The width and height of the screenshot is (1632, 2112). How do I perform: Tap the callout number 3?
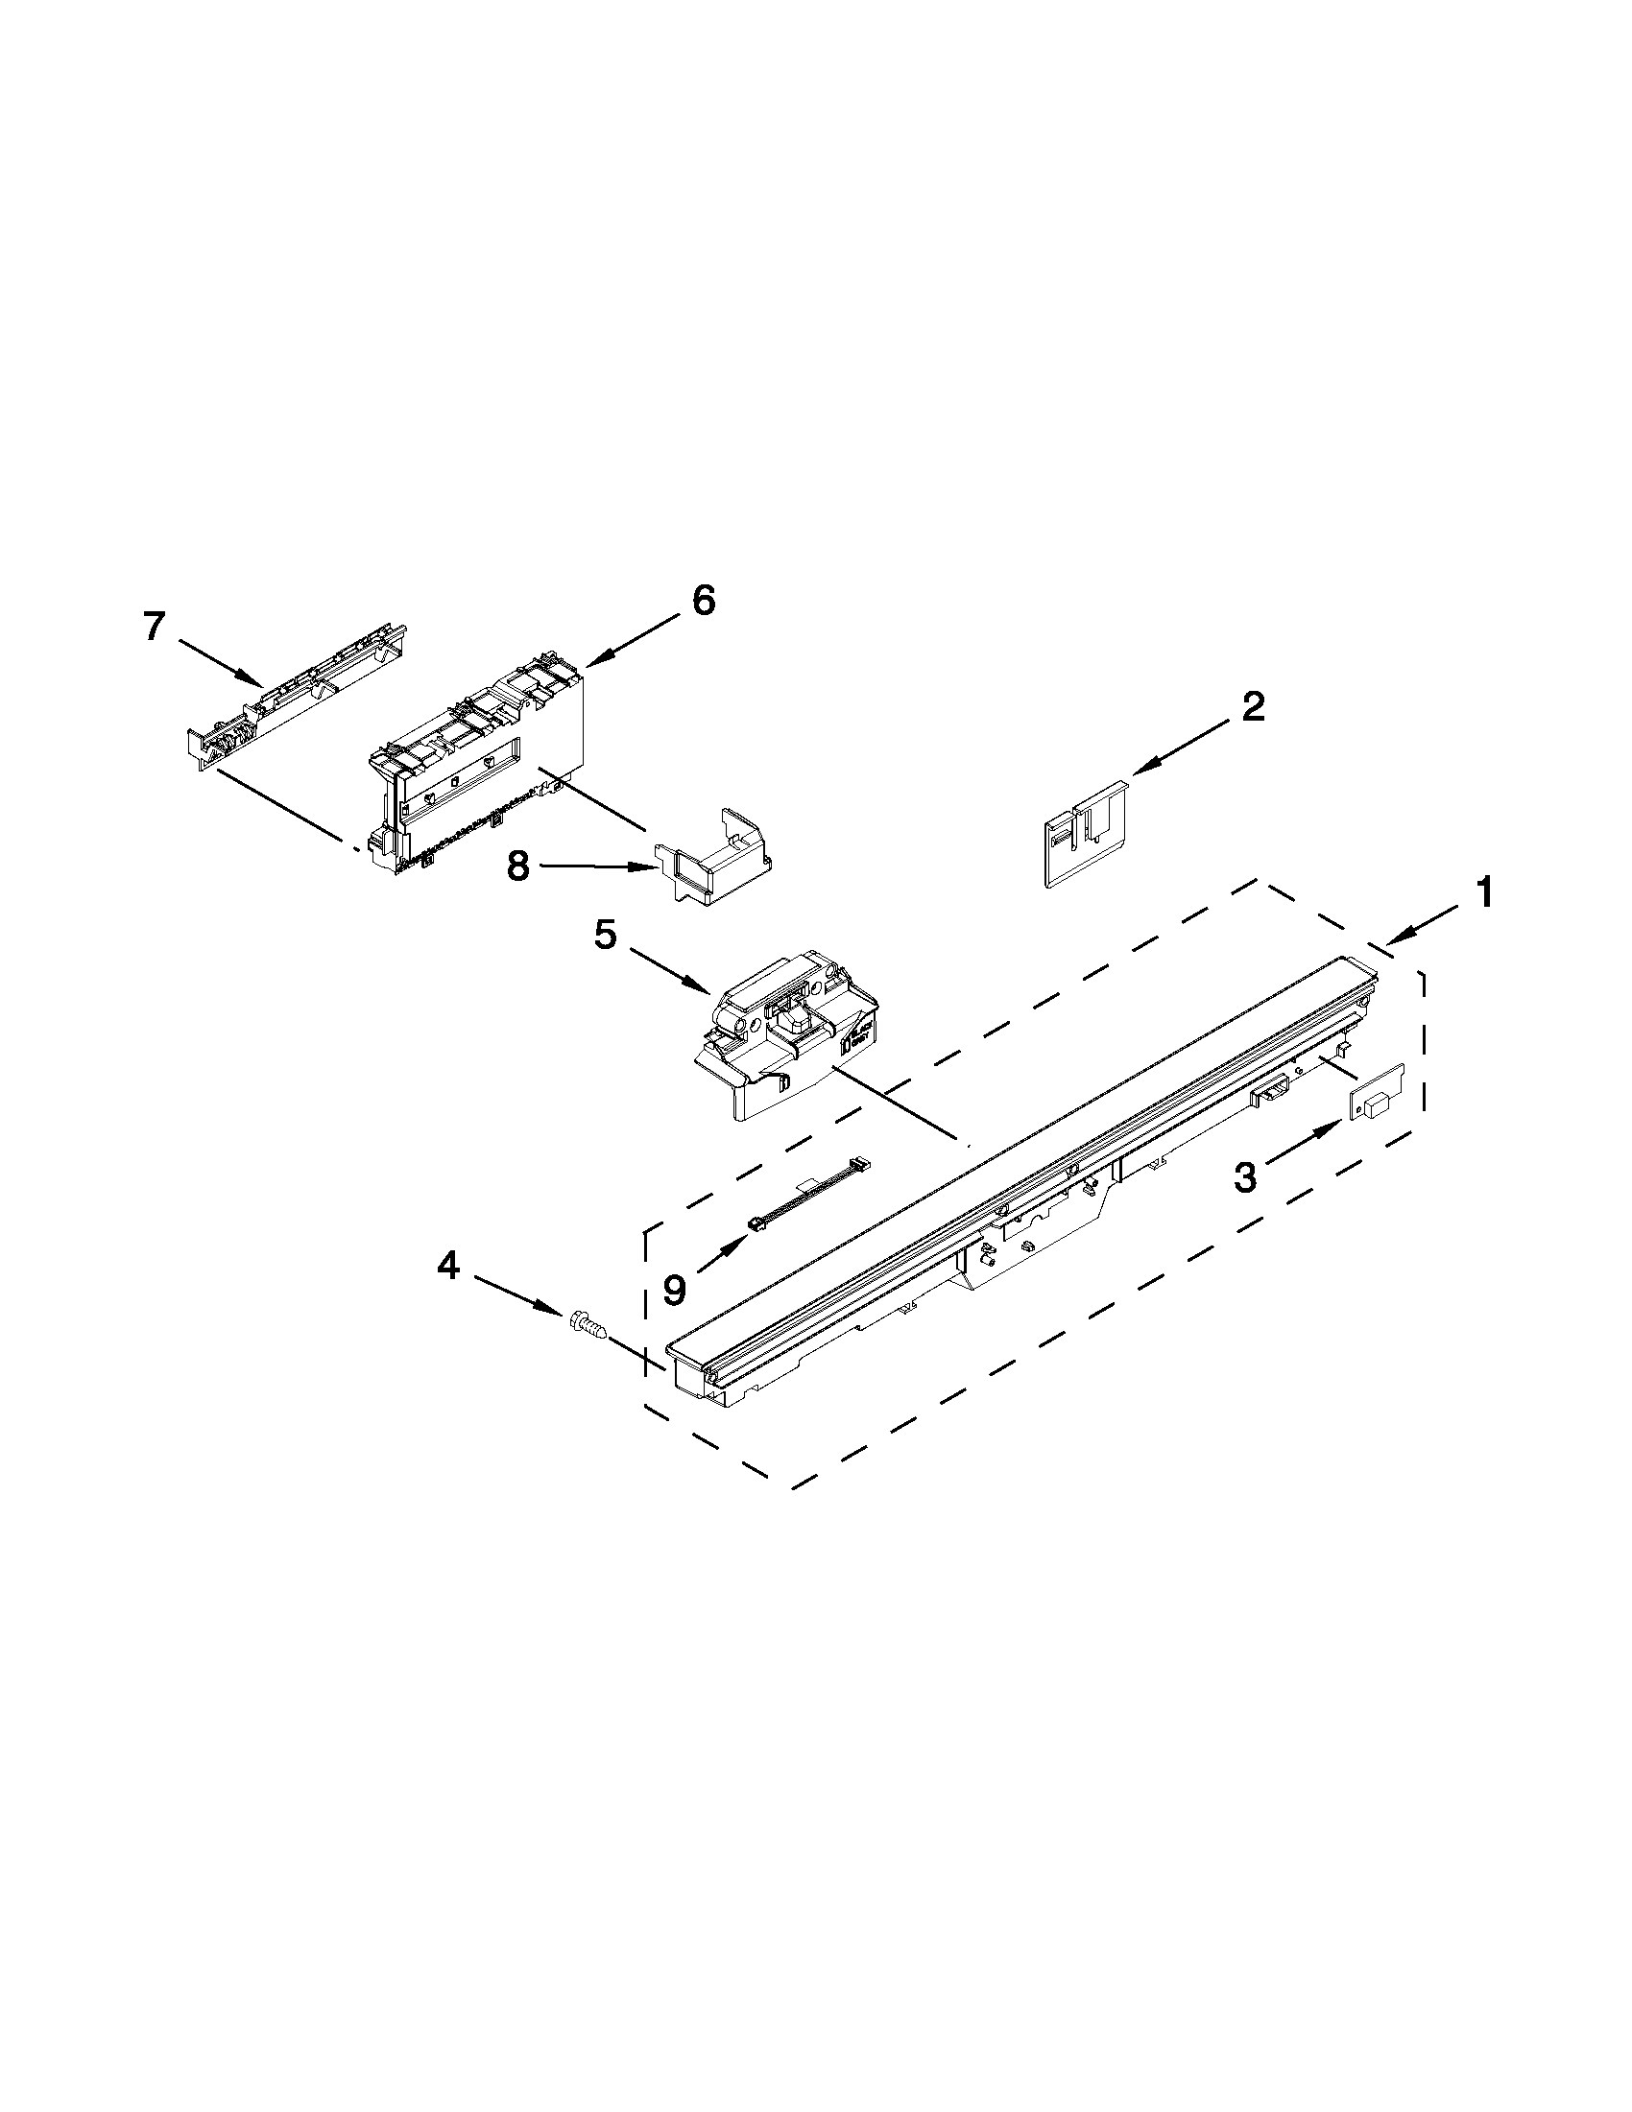(1246, 1177)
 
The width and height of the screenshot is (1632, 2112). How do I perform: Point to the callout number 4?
(447, 1266)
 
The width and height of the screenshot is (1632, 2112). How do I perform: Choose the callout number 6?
(703, 601)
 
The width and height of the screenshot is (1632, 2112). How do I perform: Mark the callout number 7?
(154, 628)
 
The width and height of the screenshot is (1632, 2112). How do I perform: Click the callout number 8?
(518, 866)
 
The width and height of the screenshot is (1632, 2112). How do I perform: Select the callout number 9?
(674, 1288)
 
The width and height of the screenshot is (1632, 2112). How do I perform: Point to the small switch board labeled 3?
(1376, 1096)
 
